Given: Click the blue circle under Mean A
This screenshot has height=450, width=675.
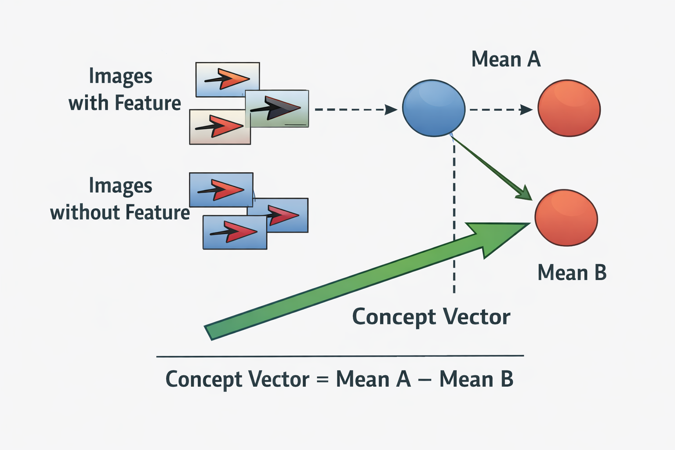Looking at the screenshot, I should (x=433, y=108).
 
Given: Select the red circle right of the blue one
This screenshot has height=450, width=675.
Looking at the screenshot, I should (x=569, y=108).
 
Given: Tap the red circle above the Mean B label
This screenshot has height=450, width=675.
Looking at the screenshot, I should (x=566, y=218).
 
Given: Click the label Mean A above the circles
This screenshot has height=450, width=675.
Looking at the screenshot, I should (x=506, y=59).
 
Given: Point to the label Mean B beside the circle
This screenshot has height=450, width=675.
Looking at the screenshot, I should (x=572, y=273).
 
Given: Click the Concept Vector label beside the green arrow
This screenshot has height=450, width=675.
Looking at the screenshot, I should (x=431, y=317).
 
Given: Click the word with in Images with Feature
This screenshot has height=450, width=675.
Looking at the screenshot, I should (x=88, y=103).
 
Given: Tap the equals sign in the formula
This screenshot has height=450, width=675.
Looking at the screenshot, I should (x=323, y=379).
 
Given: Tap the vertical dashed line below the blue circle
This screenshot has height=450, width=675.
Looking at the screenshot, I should (x=454, y=220).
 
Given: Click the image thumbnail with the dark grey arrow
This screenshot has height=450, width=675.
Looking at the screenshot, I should (x=277, y=109).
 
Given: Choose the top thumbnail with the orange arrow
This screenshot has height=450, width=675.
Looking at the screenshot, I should (x=227, y=79).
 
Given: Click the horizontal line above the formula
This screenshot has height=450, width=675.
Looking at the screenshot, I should (x=340, y=356).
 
